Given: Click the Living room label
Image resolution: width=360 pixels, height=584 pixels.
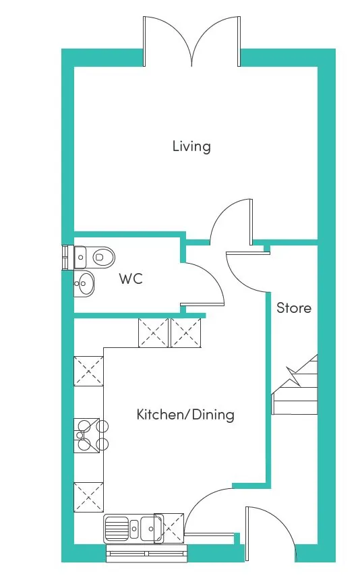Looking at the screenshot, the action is click(191, 146).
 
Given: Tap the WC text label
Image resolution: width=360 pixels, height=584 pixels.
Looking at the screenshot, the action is click(131, 279).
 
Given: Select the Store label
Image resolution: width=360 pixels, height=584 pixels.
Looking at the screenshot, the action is click(294, 308).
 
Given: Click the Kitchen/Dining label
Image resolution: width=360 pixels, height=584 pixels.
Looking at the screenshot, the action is click(185, 415).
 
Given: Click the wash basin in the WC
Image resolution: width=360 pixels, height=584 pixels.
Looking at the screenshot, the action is click(84, 283).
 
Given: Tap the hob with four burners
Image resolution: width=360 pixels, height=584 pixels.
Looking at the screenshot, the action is click(90, 436).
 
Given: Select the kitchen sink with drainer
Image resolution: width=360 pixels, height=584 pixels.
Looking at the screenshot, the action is click(133, 528).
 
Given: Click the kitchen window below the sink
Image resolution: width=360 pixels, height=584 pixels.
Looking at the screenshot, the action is click(147, 554).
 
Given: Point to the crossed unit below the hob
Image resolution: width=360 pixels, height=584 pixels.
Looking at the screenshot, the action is click(88, 497).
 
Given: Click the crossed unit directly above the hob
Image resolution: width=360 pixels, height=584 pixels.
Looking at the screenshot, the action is click(88, 372).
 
